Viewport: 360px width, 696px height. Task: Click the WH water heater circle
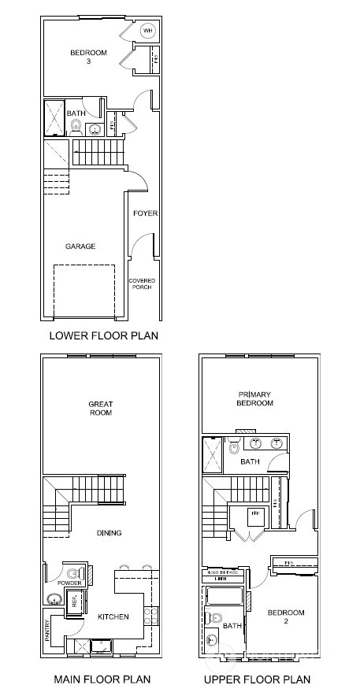pyautogui.click(x=147, y=31)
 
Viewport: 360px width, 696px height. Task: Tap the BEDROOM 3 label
pyautogui.click(x=83, y=57)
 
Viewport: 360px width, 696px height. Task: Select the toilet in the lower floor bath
pyautogui.click(x=76, y=124)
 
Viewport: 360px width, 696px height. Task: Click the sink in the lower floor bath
pyautogui.click(x=95, y=129)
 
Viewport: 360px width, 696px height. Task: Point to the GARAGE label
pyautogui.click(x=80, y=246)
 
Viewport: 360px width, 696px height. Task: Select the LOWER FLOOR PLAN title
pyautogui.click(x=104, y=335)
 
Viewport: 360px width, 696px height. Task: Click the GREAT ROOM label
pyautogui.click(x=100, y=409)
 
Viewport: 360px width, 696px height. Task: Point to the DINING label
pyautogui.click(x=109, y=533)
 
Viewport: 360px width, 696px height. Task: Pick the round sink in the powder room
pyautogui.click(x=54, y=598)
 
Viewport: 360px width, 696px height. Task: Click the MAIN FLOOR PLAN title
pyautogui.click(x=102, y=679)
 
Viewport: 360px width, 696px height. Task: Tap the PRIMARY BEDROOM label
pyautogui.click(x=255, y=398)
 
